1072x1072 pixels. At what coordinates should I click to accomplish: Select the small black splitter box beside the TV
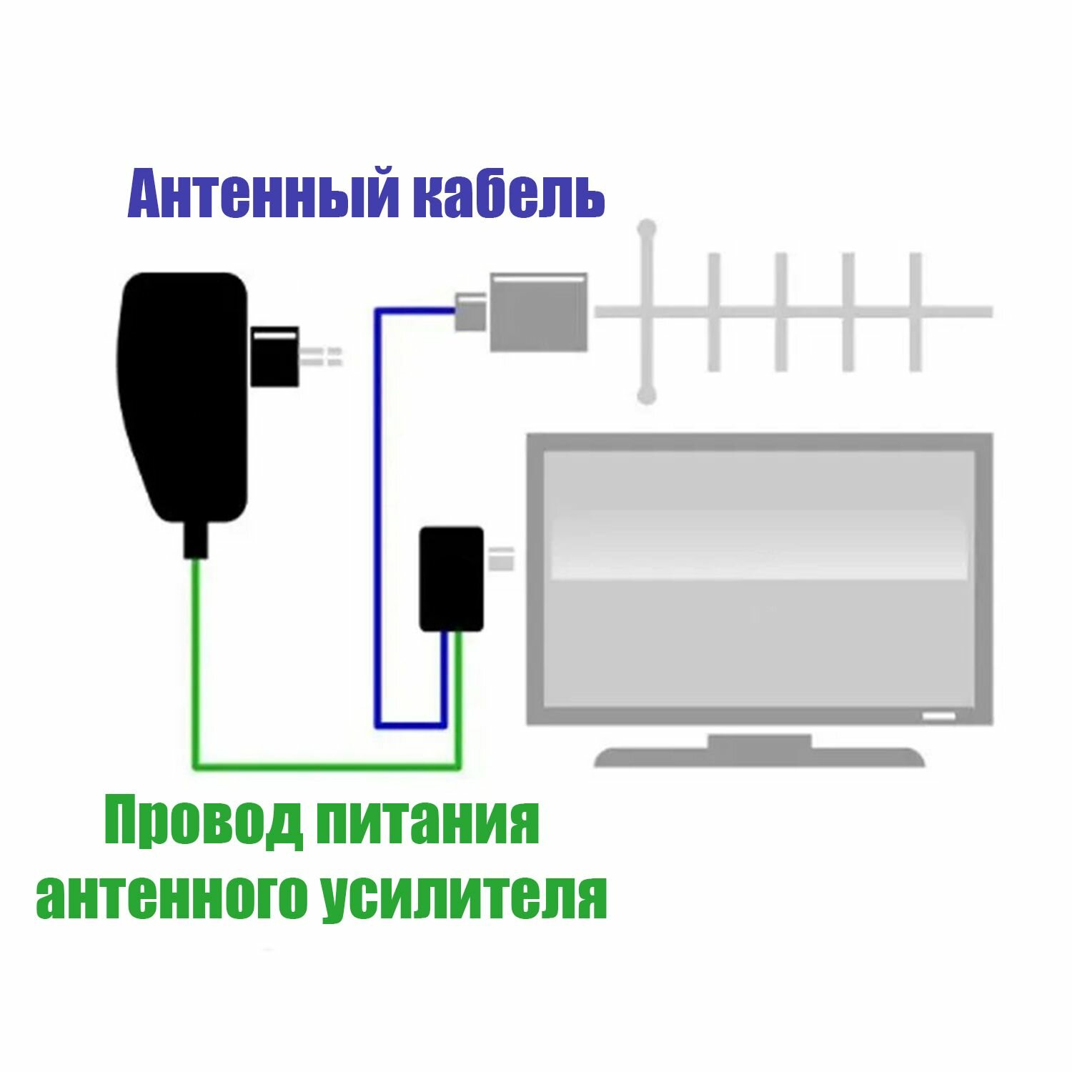[451, 579]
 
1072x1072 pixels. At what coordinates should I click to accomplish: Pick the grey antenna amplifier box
[538, 312]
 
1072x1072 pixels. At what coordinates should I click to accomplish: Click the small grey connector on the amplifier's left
[472, 312]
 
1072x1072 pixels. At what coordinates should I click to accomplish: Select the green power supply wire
[195, 665]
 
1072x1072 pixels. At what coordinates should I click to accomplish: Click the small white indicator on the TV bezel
[938, 715]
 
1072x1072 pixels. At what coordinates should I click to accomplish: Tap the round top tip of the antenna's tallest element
[647, 229]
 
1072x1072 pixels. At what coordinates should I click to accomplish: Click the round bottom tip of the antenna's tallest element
[647, 394]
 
